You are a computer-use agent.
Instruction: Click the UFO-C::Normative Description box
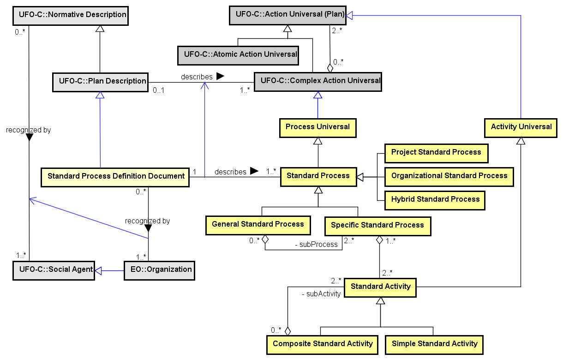[70, 15]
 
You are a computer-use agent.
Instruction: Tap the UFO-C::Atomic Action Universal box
[238, 54]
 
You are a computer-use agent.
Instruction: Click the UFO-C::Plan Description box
[100, 82]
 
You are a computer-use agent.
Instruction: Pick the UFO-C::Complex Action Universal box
[318, 82]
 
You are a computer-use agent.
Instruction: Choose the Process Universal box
[317, 127]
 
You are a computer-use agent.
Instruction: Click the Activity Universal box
[521, 127]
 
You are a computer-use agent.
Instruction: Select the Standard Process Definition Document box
[115, 176]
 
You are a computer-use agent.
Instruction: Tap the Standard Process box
[318, 176]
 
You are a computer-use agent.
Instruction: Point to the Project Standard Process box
[436, 153]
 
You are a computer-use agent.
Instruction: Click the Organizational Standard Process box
[449, 176]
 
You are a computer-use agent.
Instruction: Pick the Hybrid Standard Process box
[435, 200]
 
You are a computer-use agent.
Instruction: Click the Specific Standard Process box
[377, 226]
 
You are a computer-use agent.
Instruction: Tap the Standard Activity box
[380, 287]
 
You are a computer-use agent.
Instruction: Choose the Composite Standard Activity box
[322, 344]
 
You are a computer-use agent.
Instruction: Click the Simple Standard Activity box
[434, 344]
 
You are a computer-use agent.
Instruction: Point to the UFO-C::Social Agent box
[54, 270]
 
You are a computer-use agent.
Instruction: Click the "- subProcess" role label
[316, 244]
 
